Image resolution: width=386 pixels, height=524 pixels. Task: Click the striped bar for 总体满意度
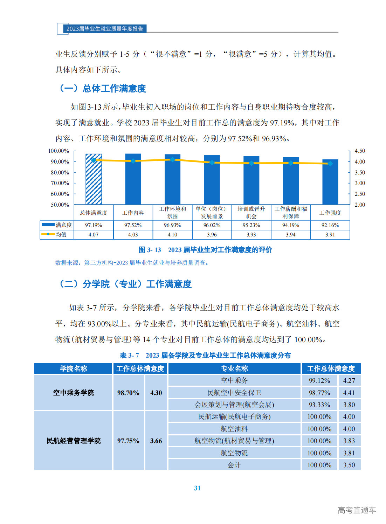pyautogui.click(x=94, y=179)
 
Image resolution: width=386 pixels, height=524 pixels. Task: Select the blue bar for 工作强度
pyautogui.click(x=330, y=182)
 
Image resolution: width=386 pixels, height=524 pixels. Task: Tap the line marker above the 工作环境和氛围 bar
pyautogui.click(x=172, y=159)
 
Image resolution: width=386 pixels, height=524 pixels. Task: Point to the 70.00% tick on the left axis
pyautogui.click(x=60, y=183)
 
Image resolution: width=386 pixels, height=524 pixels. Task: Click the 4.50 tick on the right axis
pyautogui.click(x=360, y=151)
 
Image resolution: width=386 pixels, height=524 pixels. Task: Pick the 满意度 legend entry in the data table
pyautogui.click(x=57, y=225)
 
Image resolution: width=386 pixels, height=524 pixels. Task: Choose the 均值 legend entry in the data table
pyautogui.click(x=57, y=234)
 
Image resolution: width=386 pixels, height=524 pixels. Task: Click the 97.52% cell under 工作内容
pyautogui.click(x=133, y=225)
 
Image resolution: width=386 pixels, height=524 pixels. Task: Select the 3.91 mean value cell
pyautogui.click(x=330, y=235)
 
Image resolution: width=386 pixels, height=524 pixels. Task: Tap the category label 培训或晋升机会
pyautogui.click(x=251, y=213)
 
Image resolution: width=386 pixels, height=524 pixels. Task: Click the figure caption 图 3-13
pyautogui.click(x=205, y=250)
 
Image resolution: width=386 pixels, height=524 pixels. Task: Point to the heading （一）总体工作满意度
pyautogui.click(x=102, y=88)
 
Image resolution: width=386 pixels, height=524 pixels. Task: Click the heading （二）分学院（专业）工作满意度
pyautogui.click(x=125, y=284)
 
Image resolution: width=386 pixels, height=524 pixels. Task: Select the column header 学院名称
pyautogui.click(x=73, y=368)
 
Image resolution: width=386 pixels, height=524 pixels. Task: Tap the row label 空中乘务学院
pyautogui.click(x=73, y=393)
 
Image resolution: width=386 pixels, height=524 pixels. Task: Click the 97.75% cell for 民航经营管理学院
pyautogui.click(x=128, y=441)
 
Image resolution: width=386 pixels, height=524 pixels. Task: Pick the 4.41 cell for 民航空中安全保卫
pyautogui.click(x=349, y=393)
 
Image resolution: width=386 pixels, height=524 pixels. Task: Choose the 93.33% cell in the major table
pyautogui.click(x=319, y=405)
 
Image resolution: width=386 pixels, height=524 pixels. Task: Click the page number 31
pyautogui.click(x=197, y=488)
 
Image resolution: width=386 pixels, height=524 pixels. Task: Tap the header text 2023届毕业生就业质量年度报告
pyautogui.click(x=105, y=29)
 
